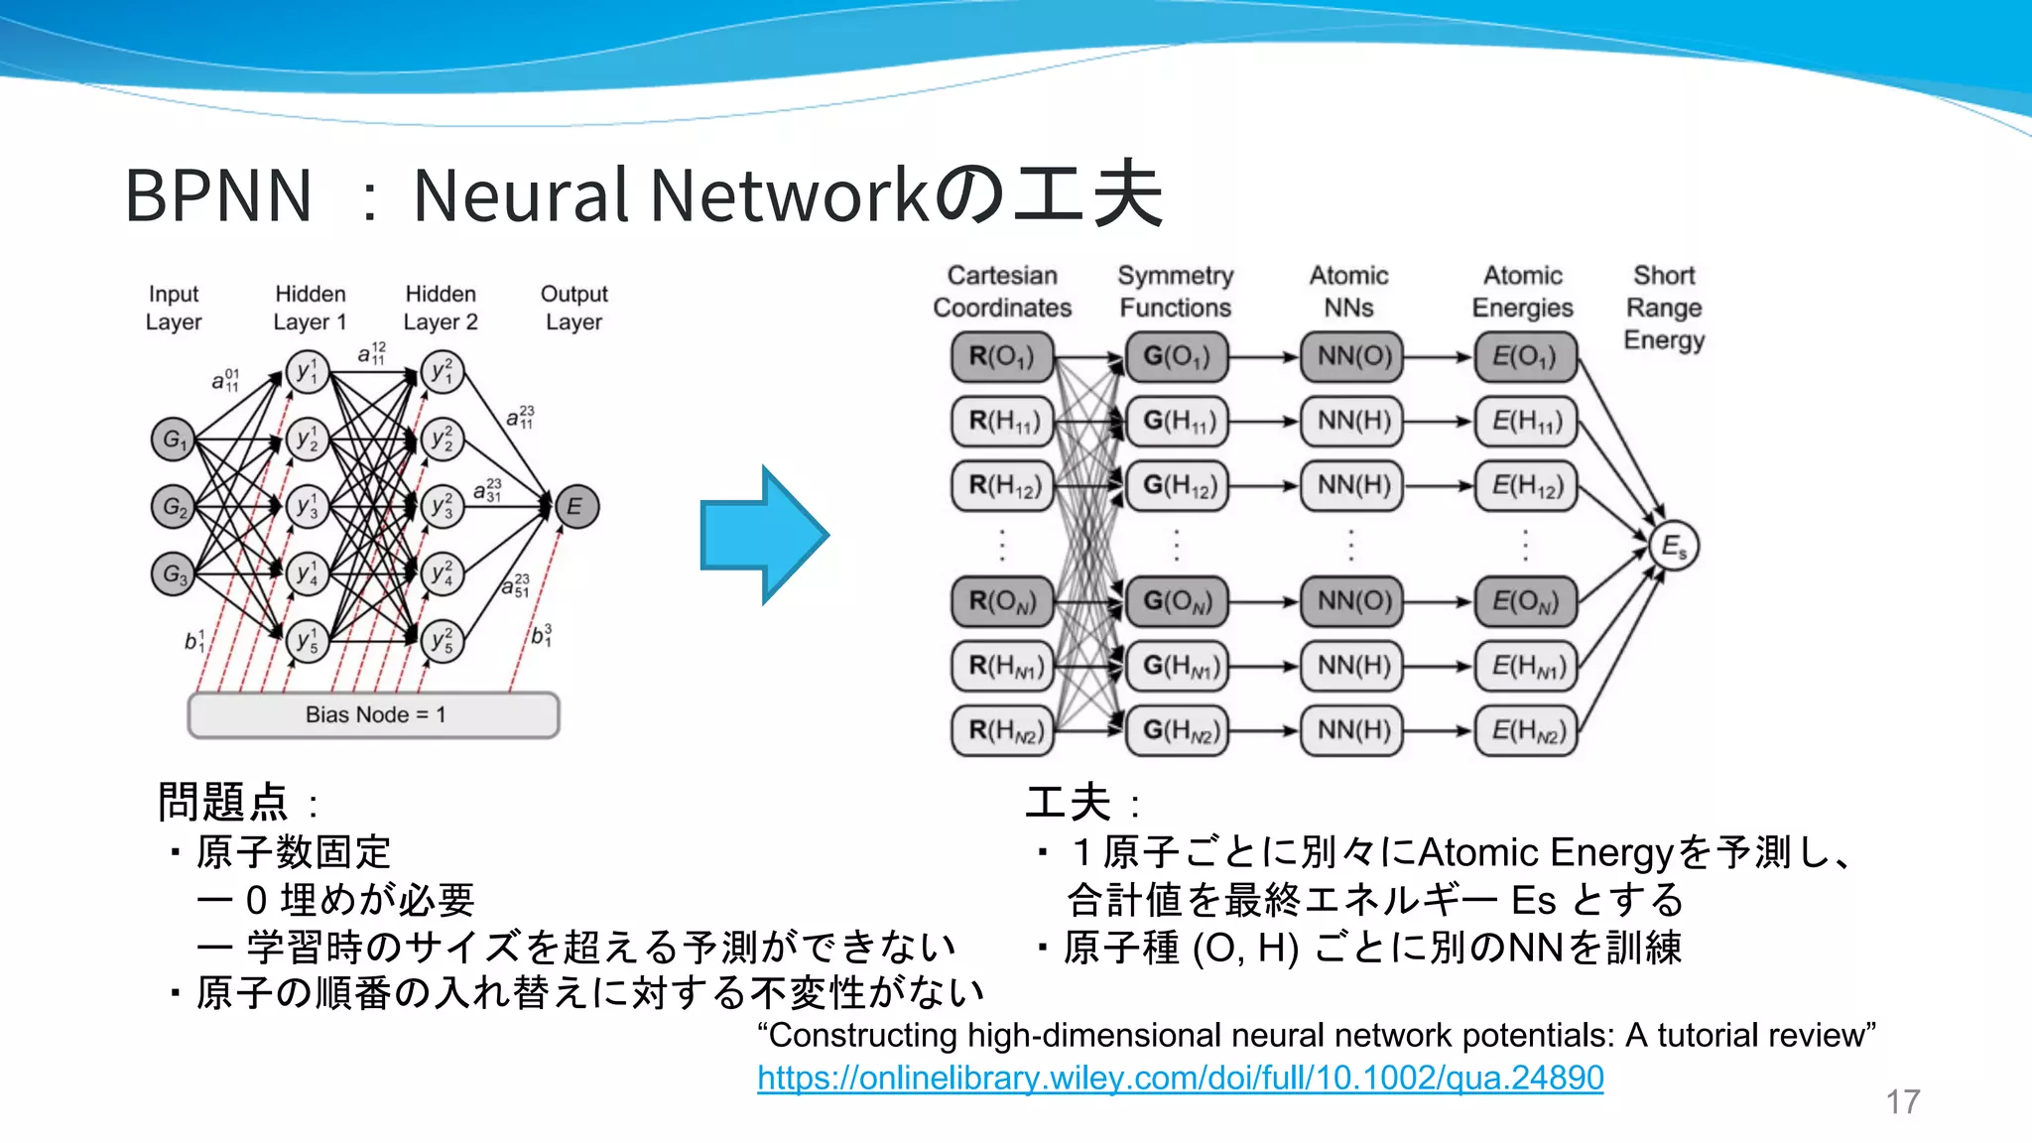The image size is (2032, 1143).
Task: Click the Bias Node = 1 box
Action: coord(374,714)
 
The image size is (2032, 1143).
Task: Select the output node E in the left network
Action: coord(575,507)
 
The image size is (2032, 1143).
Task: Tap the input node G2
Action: coord(174,507)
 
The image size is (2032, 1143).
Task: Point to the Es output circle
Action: coord(1674,546)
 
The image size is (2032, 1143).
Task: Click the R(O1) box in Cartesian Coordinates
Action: coord(1001,356)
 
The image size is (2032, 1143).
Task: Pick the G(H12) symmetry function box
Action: coord(1177,485)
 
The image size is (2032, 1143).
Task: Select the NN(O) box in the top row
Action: coord(1352,356)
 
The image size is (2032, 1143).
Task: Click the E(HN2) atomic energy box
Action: coord(1527,730)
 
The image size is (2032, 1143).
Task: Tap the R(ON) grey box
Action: coord(1001,601)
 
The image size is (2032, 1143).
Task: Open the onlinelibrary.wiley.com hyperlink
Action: coord(1180,1078)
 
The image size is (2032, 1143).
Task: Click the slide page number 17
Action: coord(1902,1101)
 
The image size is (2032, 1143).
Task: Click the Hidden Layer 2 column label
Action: coord(441,308)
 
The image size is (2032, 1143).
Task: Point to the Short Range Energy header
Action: coord(1664,308)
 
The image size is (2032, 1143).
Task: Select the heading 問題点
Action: coord(223,802)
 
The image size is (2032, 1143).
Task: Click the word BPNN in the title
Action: coord(218,195)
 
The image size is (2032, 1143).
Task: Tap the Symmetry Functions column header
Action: coord(1176,292)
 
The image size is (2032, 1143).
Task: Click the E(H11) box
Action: coord(1527,421)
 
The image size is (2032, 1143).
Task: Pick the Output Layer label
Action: coord(573,308)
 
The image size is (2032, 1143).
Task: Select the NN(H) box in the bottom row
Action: coord(1352,730)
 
